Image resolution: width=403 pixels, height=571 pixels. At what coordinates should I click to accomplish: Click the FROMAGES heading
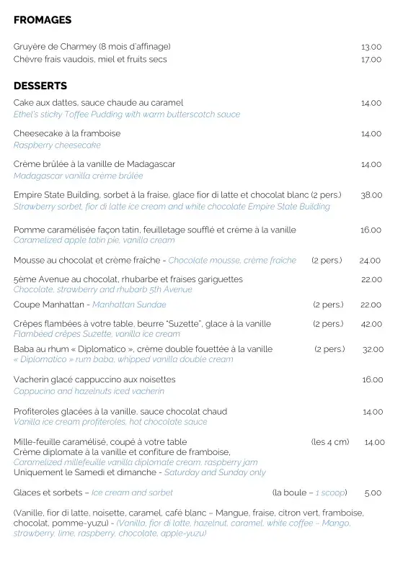[x=43, y=21]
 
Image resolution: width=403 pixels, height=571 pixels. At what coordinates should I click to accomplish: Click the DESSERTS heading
[x=40, y=86]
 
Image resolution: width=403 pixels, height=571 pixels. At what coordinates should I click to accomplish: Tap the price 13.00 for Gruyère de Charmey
[x=371, y=47]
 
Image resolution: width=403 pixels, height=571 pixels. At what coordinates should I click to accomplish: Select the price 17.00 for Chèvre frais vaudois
[x=371, y=60]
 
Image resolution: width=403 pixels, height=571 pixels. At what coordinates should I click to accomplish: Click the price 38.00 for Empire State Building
[x=371, y=195]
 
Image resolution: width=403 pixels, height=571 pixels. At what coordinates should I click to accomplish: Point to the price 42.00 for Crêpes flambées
[x=371, y=324]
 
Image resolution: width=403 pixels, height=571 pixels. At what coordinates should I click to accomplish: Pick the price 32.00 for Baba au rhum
[x=373, y=349]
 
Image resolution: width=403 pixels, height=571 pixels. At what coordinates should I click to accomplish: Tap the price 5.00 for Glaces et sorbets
[x=373, y=493]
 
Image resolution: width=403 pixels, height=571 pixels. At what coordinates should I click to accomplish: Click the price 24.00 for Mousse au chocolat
[x=370, y=261]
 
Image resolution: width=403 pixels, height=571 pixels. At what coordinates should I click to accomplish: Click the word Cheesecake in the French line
[x=37, y=134]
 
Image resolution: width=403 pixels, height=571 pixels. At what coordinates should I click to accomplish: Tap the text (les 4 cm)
[x=330, y=442]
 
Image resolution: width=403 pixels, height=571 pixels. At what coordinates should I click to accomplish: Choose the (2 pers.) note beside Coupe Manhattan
[x=328, y=305]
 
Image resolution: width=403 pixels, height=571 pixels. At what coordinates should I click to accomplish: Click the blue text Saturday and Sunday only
[x=215, y=473]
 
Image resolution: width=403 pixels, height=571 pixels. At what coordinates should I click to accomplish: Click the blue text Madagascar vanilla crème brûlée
[x=78, y=176]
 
